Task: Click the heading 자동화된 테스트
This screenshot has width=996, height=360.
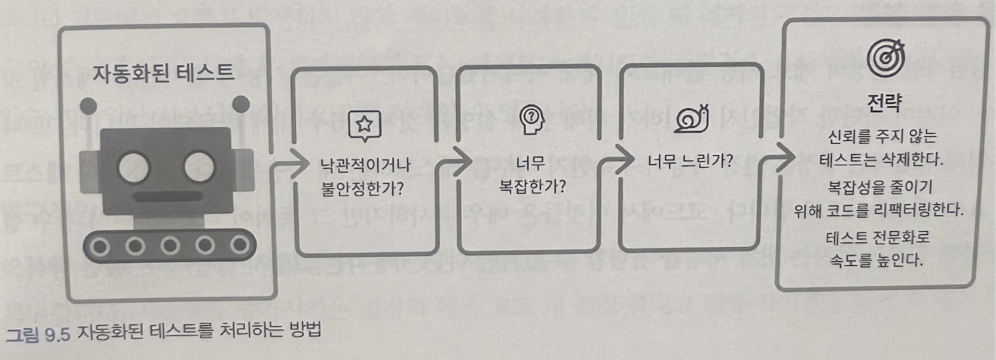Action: coord(163,73)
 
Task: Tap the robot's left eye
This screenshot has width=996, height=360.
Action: coord(136,161)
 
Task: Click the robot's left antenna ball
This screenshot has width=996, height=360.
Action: coord(89,105)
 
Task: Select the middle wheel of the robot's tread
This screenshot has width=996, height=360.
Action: coord(170,245)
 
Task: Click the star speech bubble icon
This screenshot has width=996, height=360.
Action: coord(364,125)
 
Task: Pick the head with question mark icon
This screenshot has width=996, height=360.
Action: coord(531,119)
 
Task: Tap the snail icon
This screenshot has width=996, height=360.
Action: coord(692,118)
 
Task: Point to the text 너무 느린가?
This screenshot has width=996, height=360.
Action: coord(691,160)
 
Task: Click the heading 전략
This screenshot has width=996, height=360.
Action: coord(883,101)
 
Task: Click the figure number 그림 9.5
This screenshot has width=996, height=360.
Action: coord(38,332)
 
